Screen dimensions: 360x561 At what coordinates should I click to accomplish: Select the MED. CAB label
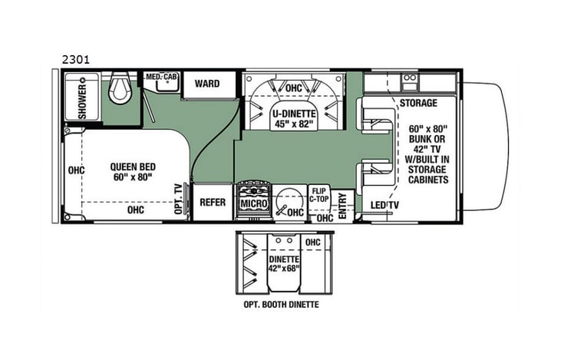(x=161, y=78)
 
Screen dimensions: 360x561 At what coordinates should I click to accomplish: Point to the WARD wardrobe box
(x=206, y=84)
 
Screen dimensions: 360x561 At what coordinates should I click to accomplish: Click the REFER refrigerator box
(x=212, y=203)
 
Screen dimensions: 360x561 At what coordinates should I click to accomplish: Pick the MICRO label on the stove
(x=252, y=204)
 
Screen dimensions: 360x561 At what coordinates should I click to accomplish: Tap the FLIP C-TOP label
(x=319, y=195)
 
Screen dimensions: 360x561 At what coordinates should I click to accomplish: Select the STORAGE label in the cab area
(x=418, y=102)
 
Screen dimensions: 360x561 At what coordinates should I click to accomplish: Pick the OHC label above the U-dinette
(x=293, y=88)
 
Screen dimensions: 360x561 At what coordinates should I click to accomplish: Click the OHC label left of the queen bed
(x=75, y=171)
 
